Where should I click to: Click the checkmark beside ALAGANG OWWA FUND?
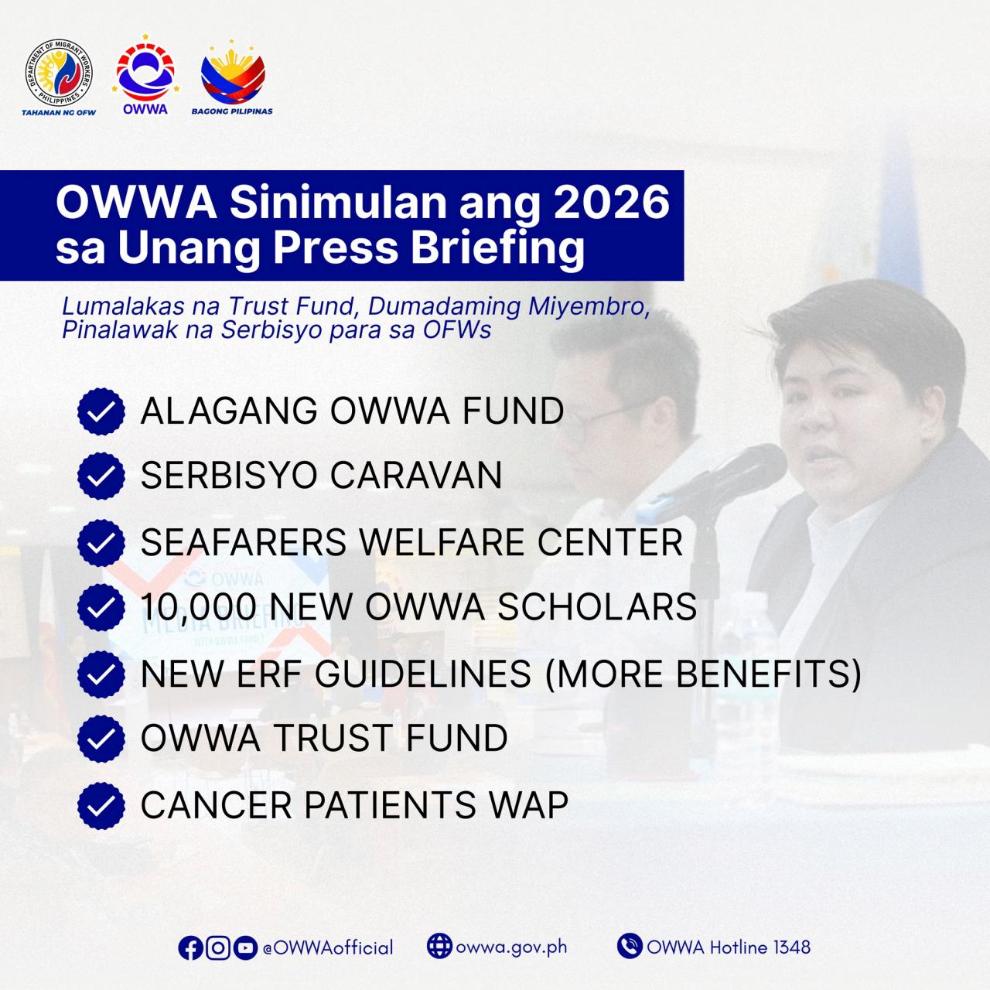point(101,411)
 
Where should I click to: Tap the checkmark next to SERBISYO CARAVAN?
point(101,476)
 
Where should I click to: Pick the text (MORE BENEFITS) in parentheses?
point(703,674)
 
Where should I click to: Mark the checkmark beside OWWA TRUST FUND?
point(101,739)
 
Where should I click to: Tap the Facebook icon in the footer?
point(190,947)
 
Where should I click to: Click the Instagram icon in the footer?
point(218,947)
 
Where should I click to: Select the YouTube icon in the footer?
point(245,947)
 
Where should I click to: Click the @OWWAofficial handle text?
point(328,947)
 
